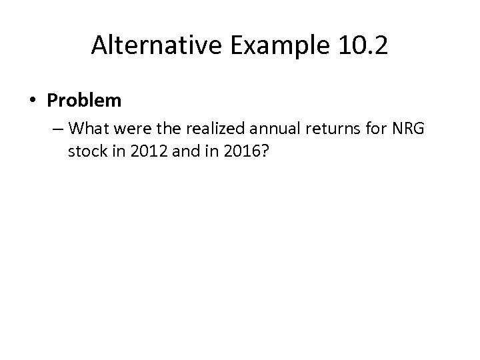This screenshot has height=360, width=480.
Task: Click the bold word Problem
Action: click(x=85, y=101)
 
